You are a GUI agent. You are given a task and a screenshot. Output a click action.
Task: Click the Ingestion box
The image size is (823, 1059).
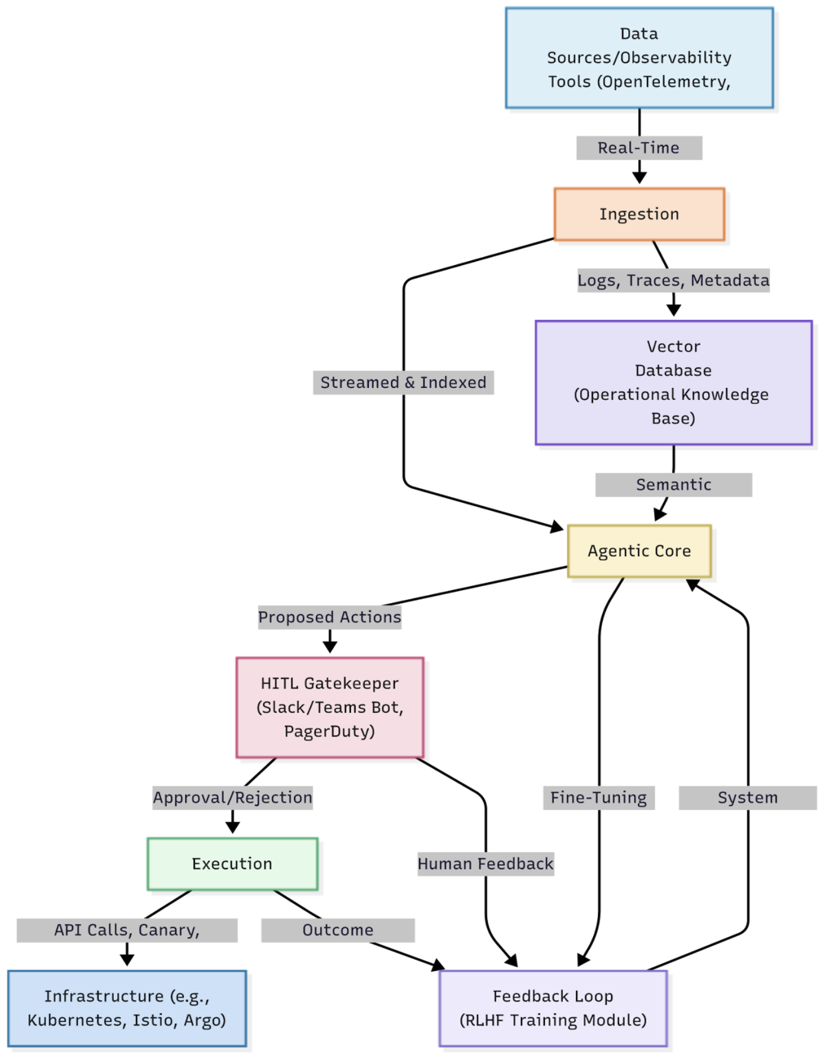pyautogui.click(x=638, y=214)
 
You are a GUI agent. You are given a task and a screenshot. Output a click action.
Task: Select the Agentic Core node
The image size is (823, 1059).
pyautogui.click(x=638, y=550)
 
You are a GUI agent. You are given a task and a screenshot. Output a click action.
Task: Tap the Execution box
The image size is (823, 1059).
pyautogui.click(x=232, y=863)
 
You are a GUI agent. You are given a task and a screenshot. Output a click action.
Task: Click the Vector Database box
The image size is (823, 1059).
pyautogui.click(x=673, y=382)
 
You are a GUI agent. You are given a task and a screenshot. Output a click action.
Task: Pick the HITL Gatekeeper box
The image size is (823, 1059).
pyautogui.click(x=330, y=707)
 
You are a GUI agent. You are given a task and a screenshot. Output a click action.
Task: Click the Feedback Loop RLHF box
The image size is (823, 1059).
pyautogui.click(x=553, y=1007)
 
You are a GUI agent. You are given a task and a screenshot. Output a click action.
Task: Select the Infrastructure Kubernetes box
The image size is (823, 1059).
pyautogui.click(x=127, y=1007)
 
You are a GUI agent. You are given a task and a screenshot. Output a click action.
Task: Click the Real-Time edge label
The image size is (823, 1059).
pyautogui.click(x=638, y=148)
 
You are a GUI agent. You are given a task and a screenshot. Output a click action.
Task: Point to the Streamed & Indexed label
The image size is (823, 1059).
pyautogui.click(x=403, y=382)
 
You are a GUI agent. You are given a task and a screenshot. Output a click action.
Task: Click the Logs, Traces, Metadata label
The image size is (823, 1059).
pyautogui.click(x=673, y=280)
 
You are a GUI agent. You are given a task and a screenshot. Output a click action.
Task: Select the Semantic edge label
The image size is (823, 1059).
pyautogui.click(x=673, y=485)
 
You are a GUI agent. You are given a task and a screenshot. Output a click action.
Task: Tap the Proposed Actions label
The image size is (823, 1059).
pyautogui.click(x=330, y=617)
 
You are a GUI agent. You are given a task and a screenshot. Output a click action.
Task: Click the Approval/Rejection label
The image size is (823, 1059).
pyautogui.click(x=232, y=797)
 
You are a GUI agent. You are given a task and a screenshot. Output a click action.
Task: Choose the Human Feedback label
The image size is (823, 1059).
pyautogui.click(x=485, y=864)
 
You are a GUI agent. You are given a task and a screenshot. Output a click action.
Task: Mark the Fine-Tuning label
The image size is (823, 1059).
pyautogui.click(x=599, y=797)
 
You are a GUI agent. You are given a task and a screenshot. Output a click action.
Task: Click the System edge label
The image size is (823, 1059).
pyautogui.click(x=747, y=797)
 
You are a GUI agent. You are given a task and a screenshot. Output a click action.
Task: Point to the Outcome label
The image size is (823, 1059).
pyautogui.click(x=338, y=930)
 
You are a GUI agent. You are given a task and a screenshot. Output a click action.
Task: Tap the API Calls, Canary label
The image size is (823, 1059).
pyautogui.click(x=127, y=930)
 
